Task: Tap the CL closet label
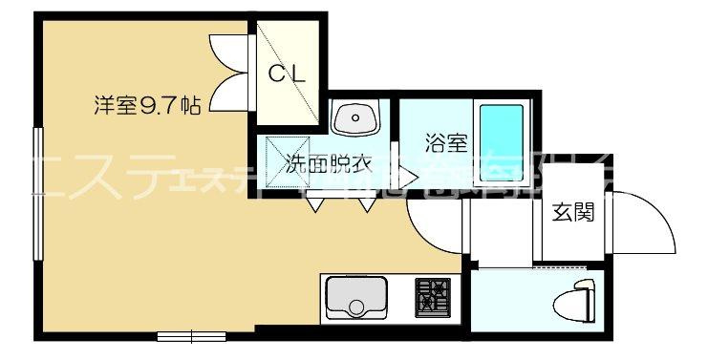point(286,74)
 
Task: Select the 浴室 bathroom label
point(445,145)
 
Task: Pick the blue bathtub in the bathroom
point(502,141)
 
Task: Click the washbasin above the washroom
point(355,119)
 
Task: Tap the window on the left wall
point(38,191)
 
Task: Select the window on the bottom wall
point(192,335)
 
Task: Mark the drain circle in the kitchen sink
point(355,307)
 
